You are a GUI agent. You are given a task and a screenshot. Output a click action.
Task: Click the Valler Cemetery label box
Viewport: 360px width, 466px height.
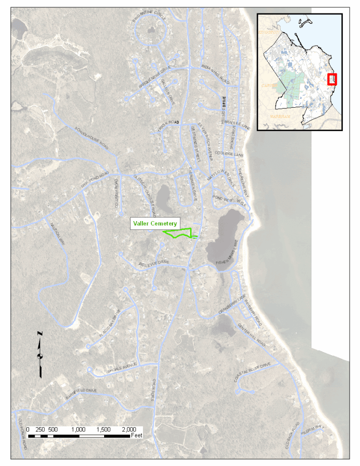(155, 224)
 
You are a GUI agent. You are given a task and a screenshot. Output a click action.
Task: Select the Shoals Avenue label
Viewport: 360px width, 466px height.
(121, 365)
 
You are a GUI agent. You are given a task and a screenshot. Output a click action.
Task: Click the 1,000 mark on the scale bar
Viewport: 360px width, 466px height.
(79, 429)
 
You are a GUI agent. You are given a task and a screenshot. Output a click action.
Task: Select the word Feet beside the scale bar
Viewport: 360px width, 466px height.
(137, 436)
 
